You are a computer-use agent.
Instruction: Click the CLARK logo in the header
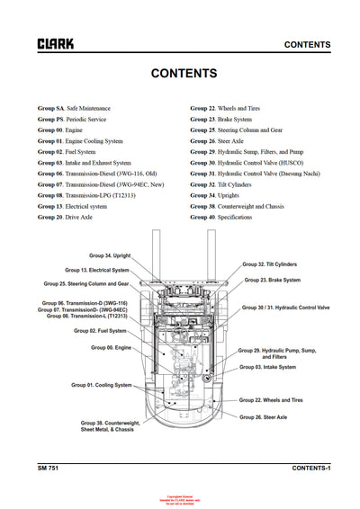pos(56,43)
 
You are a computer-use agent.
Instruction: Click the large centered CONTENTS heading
pos(183,74)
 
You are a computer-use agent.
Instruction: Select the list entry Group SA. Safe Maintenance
pos(74,107)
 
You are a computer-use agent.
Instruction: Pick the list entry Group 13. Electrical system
pos(78,206)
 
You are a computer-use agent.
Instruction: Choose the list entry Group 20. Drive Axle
pos(66,217)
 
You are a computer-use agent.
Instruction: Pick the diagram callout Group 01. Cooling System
pos(102,385)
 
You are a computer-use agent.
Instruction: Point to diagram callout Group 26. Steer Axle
pos(263,417)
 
